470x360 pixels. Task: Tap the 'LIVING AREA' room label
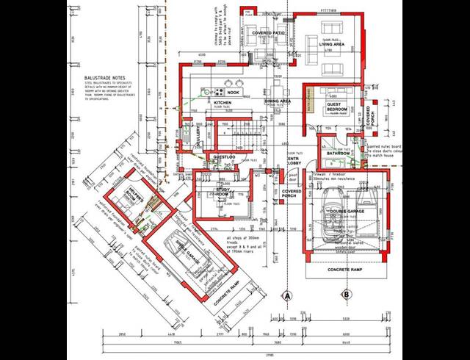[x=333, y=44]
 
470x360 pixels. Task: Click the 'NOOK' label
[x=234, y=93]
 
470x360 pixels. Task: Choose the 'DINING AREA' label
[x=279, y=101]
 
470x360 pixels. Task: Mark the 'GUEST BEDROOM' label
[x=338, y=107]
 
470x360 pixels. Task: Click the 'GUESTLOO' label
[x=223, y=157]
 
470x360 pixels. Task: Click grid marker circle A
[x=288, y=295]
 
